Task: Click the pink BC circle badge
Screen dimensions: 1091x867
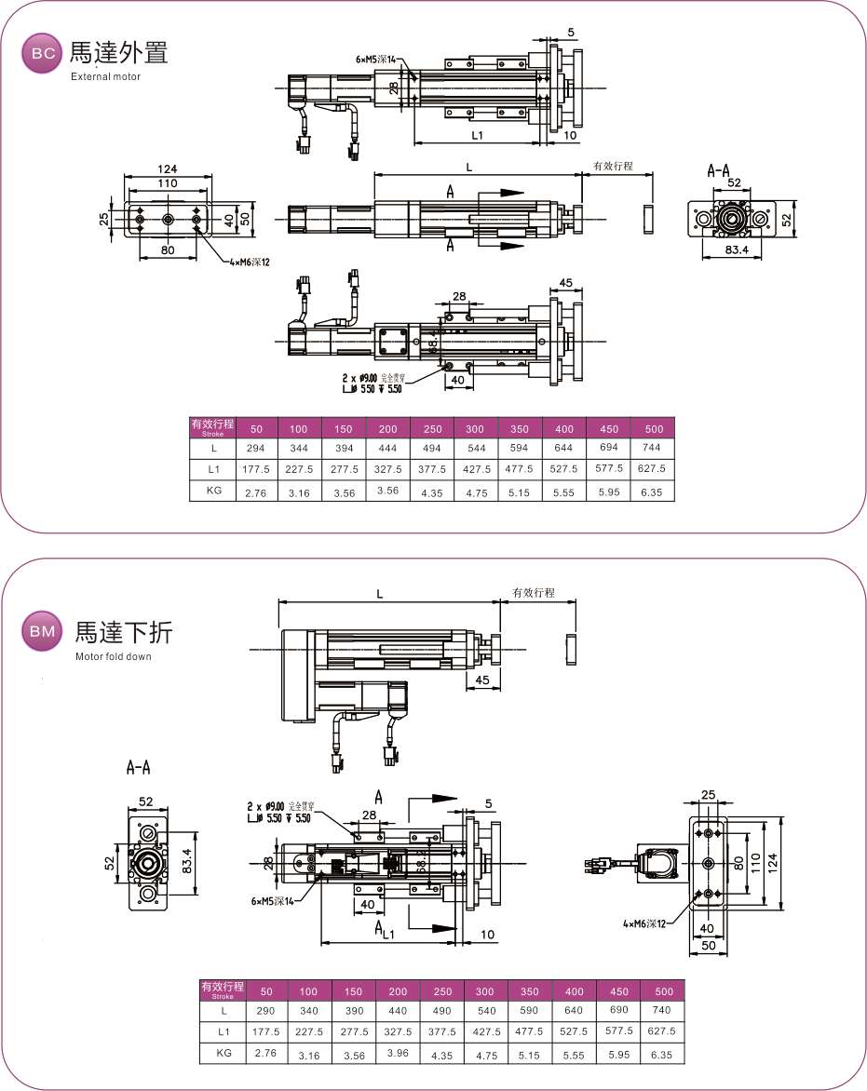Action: [x=43, y=54]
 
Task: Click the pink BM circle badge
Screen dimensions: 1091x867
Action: [x=43, y=632]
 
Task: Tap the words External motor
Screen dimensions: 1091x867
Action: [x=105, y=76]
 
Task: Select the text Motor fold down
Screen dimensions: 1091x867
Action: [x=114, y=656]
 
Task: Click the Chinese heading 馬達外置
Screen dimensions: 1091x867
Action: [x=119, y=52]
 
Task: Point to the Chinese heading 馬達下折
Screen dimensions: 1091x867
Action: [x=124, y=632]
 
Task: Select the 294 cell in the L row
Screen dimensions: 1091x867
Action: [x=255, y=449]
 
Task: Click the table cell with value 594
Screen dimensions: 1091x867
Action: [x=520, y=449]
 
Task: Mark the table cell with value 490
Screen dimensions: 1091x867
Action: [x=442, y=1010]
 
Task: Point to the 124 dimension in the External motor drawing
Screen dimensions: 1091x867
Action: [x=168, y=169]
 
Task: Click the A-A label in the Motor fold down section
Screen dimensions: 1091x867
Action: [x=138, y=768]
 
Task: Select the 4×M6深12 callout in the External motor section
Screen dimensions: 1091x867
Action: [x=249, y=262]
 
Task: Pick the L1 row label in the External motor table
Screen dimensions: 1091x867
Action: [x=213, y=469]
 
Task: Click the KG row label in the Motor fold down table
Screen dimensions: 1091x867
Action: [x=224, y=1052]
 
